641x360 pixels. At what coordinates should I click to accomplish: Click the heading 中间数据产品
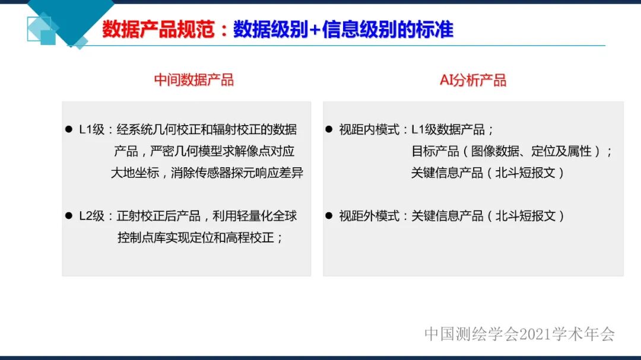click(x=193, y=80)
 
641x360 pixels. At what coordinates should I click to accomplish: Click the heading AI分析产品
click(x=473, y=80)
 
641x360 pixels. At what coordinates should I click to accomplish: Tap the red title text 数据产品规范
click(x=158, y=30)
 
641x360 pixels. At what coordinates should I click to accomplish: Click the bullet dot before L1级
click(x=68, y=129)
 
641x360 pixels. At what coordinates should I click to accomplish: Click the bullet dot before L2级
click(x=68, y=216)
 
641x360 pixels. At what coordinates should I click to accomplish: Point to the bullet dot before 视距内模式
click(x=329, y=129)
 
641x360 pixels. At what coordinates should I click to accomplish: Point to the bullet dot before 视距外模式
click(x=329, y=216)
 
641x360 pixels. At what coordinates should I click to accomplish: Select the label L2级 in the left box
click(x=92, y=216)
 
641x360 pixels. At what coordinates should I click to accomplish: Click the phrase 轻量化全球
click(x=261, y=216)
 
